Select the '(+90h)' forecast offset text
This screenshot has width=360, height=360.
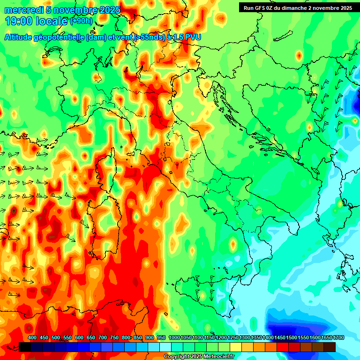(81, 21)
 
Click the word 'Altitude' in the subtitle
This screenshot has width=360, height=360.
(18, 37)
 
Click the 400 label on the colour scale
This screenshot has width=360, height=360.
(32, 338)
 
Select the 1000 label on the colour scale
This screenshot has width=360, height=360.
(174, 338)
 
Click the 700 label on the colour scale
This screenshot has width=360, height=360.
(103, 338)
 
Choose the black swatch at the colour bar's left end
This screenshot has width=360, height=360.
(25, 347)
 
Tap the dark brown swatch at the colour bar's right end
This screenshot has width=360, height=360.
(330, 347)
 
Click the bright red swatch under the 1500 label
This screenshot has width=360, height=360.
(283, 347)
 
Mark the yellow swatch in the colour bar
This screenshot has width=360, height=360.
(236, 347)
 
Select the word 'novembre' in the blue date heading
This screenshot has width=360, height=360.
(71, 10)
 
